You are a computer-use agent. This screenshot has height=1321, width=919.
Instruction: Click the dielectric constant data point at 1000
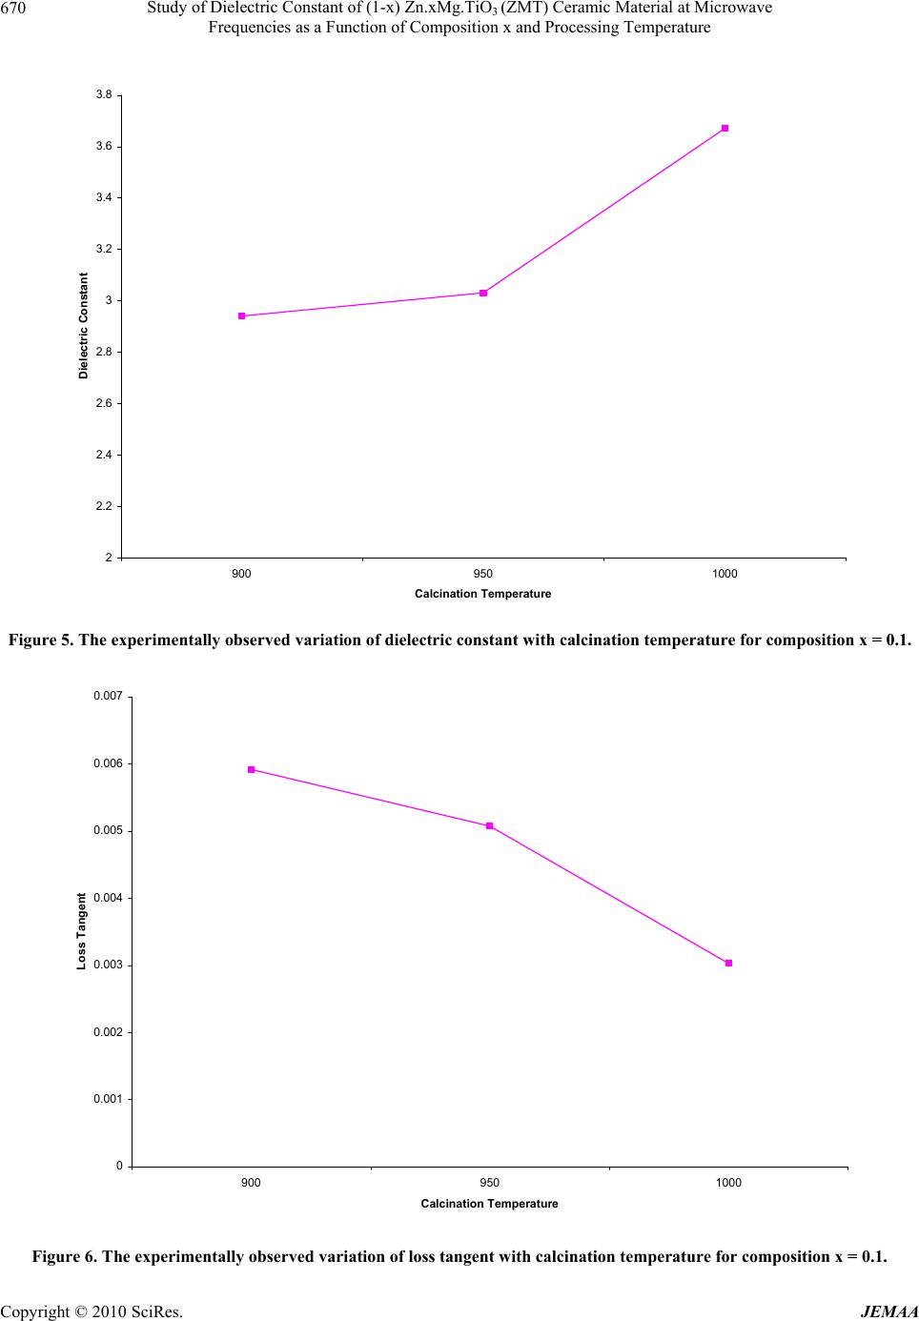(725, 128)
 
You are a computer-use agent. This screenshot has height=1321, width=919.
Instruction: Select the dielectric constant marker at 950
(483, 293)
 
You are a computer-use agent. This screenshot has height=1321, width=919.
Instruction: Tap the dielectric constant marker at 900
(242, 315)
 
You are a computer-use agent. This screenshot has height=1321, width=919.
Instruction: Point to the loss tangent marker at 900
(251, 769)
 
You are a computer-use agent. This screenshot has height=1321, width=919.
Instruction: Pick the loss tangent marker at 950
(489, 825)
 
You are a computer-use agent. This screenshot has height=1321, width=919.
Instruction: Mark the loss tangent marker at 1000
(728, 963)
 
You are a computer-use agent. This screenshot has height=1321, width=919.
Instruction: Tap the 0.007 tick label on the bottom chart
(108, 697)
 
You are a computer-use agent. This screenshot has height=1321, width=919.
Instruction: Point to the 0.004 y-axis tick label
(108, 898)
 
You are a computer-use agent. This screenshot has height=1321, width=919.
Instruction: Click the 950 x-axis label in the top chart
(483, 574)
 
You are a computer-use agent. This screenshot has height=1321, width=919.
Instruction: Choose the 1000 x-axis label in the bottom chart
(728, 1183)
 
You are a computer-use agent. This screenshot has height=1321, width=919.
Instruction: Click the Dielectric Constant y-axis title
(84, 326)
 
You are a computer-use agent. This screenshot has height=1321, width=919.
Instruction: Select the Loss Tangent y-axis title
(82, 931)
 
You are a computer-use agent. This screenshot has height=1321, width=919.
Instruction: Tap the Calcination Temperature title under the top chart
(482, 594)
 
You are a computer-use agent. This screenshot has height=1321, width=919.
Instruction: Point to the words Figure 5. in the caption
(41, 640)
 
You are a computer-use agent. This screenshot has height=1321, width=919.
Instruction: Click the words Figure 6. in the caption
(65, 1256)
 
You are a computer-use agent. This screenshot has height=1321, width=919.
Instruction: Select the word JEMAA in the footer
(888, 1311)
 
